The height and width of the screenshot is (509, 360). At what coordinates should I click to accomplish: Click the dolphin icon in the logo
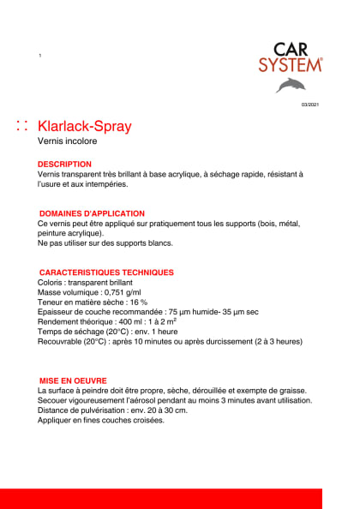tap(290, 85)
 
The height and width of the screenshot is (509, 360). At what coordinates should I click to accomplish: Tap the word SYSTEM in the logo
tap(291, 64)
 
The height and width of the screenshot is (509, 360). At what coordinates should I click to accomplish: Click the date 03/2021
tap(309, 105)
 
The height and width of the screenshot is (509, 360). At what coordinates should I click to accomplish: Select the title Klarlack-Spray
tap(85, 127)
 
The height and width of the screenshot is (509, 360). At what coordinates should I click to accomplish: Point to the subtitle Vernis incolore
tap(68, 142)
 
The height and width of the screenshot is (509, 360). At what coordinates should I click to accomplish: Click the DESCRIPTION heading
tap(64, 164)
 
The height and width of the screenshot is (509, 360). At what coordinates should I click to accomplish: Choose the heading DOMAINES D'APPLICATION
tap(93, 213)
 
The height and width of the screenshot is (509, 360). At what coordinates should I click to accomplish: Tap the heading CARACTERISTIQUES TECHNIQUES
tap(106, 272)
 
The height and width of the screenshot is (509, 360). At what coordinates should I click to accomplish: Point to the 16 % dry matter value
tap(137, 302)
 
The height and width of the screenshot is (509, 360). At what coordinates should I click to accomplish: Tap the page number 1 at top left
tap(40, 56)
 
